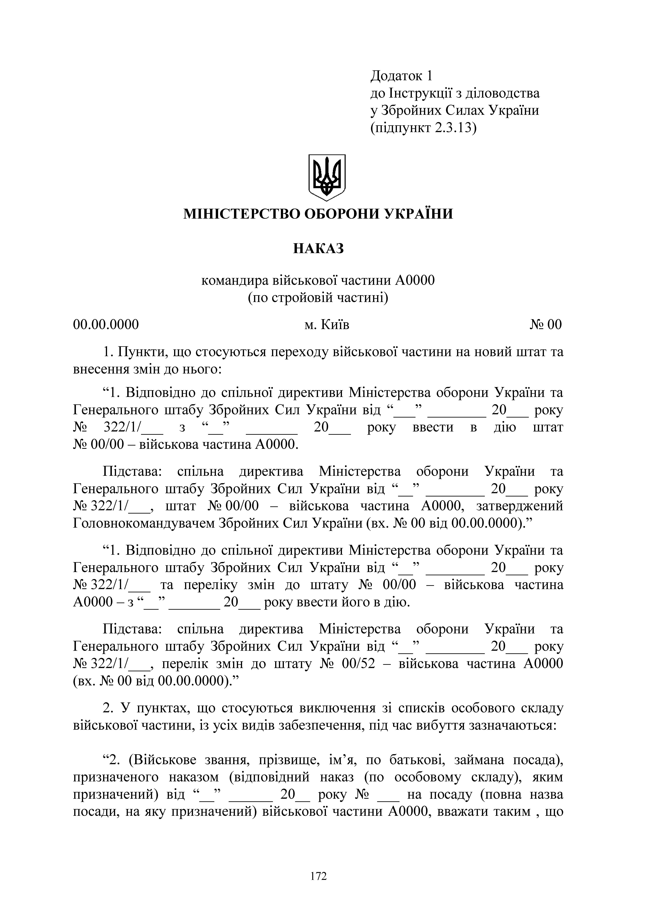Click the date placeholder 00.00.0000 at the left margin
coord(106,325)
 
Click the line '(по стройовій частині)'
coord(318,297)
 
